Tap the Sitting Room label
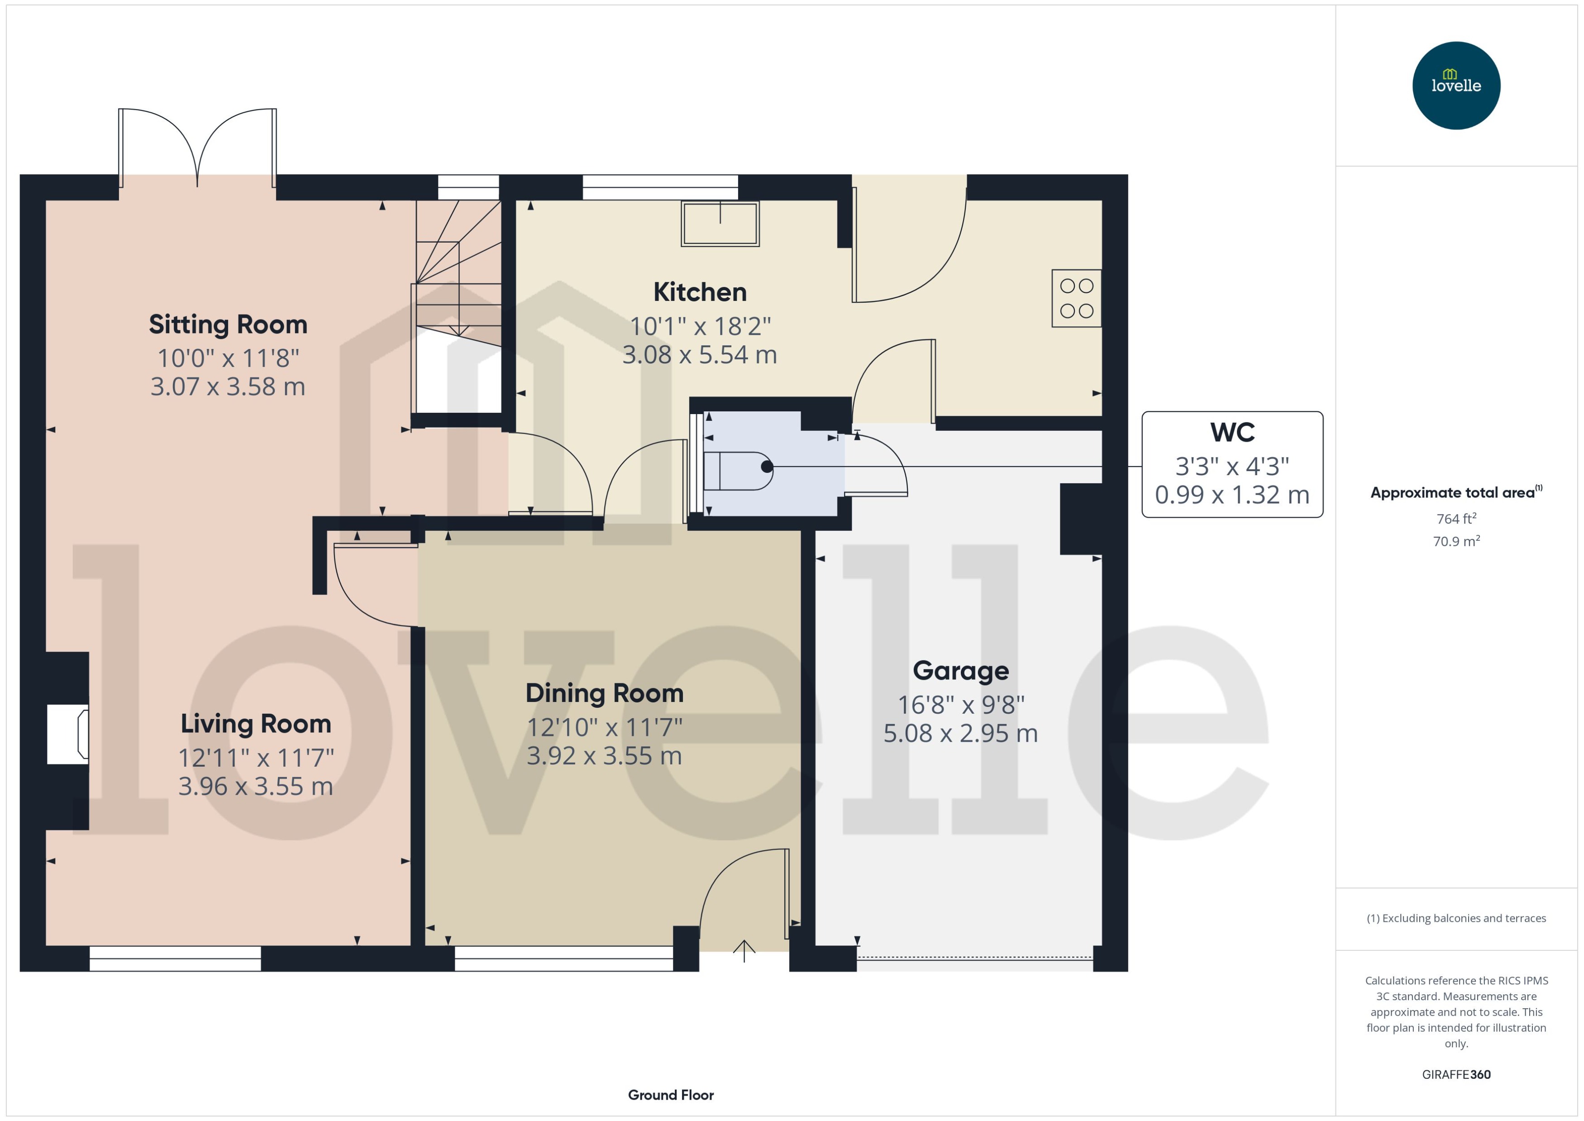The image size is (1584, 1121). click(228, 324)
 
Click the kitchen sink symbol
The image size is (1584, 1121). click(720, 224)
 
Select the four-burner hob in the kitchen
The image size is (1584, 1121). click(1076, 298)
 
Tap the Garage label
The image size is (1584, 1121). click(960, 670)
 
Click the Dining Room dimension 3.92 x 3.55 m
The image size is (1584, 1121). click(604, 756)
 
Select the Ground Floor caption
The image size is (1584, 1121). click(670, 1095)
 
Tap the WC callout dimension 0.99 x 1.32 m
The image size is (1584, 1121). click(1231, 495)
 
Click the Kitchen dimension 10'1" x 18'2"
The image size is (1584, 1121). click(699, 326)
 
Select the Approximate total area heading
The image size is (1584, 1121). click(1452, 492)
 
